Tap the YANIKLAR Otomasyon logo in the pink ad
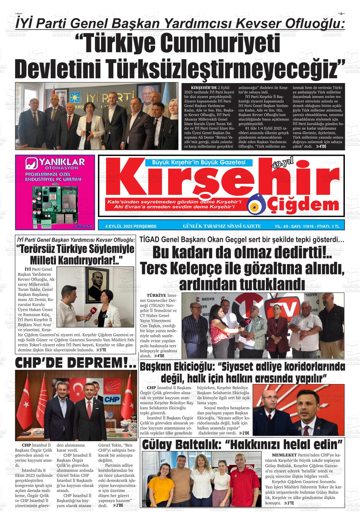click(55, 163)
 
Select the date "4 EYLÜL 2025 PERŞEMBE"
click(131, 226)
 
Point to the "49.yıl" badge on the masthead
click(282, 164)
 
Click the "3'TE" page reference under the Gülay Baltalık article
click(289, 503)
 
